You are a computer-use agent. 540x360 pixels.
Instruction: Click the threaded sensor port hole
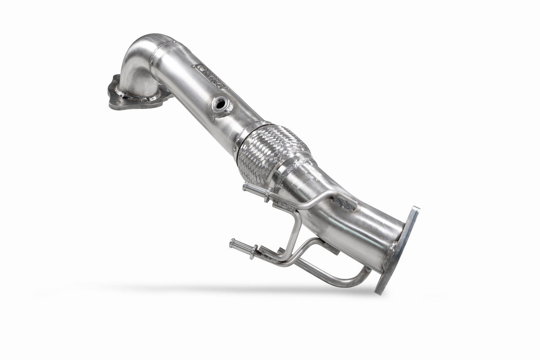click(221, 104)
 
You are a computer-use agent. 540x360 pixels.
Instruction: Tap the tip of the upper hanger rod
click(246, 188)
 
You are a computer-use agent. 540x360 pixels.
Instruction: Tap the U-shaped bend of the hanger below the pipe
click(355, 280)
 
